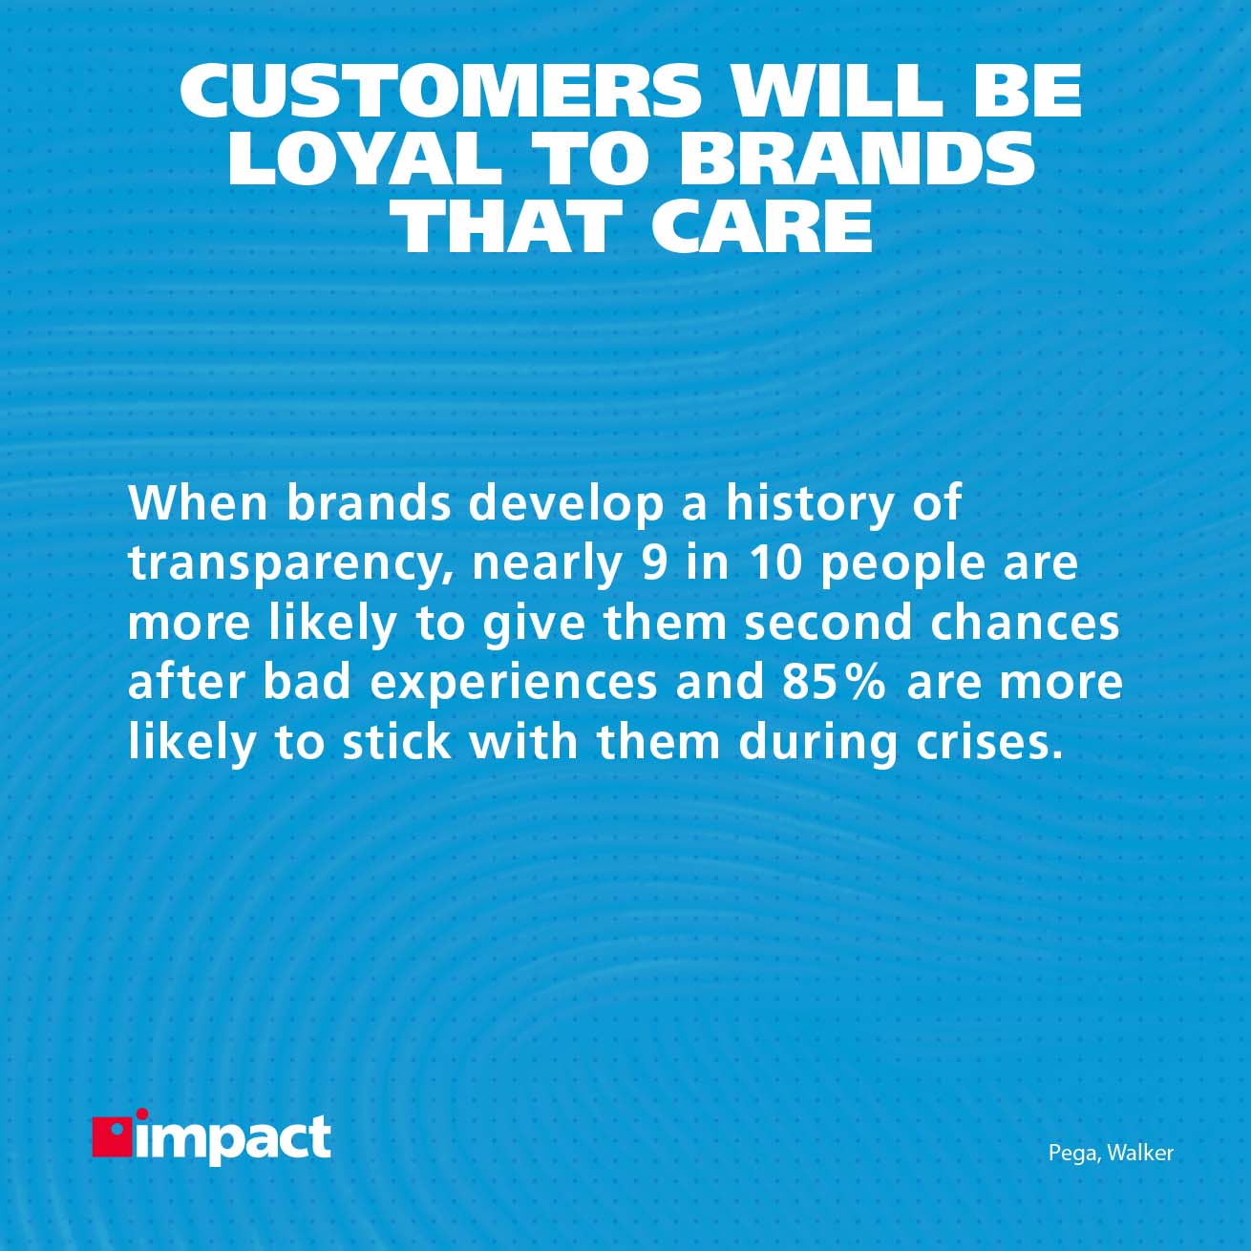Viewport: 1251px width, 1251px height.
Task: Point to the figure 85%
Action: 834,682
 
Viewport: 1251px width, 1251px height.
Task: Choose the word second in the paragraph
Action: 828,623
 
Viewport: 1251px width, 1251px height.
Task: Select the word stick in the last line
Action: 396,742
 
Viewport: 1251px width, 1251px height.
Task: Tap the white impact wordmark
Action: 235,1139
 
